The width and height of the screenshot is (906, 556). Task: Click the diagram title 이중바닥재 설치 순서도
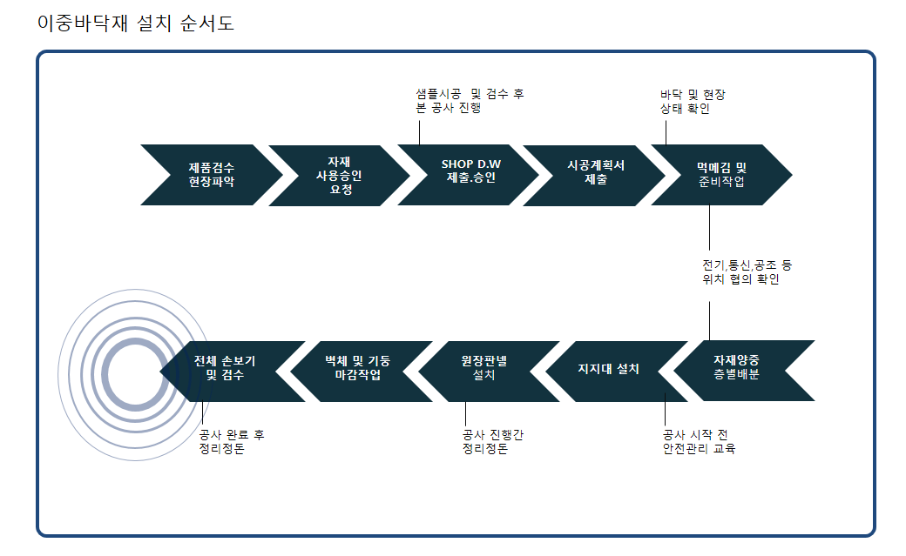point(135,23)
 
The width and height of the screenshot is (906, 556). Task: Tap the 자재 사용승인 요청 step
point(339,176)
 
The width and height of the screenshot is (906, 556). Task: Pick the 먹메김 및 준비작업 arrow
point(721,175)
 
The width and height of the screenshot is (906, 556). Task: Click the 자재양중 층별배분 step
point(744,371)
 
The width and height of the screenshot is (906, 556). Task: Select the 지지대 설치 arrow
point(617,372)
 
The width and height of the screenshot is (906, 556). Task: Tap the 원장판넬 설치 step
point(489,372)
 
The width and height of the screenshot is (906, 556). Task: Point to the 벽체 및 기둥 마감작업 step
point(362,372)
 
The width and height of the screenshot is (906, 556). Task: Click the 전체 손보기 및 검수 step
point(233,372)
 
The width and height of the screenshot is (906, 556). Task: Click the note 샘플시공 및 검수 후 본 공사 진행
point(470,101)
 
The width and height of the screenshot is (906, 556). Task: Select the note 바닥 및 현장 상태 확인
point(693,102)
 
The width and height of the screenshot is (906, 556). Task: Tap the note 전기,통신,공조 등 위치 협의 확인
point(747,272)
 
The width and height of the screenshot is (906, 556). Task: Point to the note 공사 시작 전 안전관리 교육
point(699,442)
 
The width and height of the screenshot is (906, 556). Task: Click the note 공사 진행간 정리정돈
point(493,442)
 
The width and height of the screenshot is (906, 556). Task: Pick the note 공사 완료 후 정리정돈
point(232,442)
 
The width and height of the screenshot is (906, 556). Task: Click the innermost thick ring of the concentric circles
point(135,342)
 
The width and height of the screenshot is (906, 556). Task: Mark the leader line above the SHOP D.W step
point(420,130)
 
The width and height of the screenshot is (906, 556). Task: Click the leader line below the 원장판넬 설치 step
point(466,414)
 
